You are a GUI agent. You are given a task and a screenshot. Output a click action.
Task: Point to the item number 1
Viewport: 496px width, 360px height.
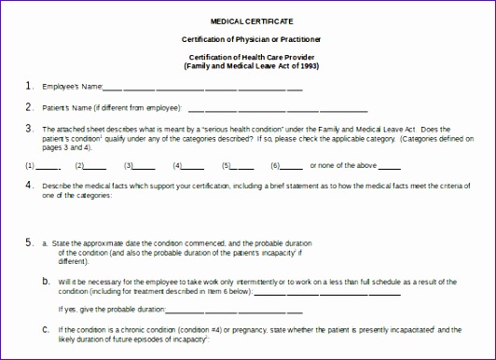click(30, 86)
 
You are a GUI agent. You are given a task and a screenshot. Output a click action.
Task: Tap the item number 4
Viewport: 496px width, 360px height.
click(30, 185)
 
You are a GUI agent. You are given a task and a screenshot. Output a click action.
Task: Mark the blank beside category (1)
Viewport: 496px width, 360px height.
click(48, 167)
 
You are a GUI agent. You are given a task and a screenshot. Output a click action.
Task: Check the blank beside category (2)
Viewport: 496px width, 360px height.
click(97, 167)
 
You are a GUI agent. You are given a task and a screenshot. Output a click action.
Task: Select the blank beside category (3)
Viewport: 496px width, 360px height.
click(145, 167)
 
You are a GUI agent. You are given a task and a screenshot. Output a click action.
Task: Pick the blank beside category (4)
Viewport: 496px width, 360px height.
click(194, 167)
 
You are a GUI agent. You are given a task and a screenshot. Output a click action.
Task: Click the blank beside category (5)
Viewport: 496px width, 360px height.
click(243, 167)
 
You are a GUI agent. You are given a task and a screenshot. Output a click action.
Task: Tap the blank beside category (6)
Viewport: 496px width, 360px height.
click(292, 167)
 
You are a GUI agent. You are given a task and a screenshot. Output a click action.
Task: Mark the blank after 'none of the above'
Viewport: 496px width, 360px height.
click(389, 167)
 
